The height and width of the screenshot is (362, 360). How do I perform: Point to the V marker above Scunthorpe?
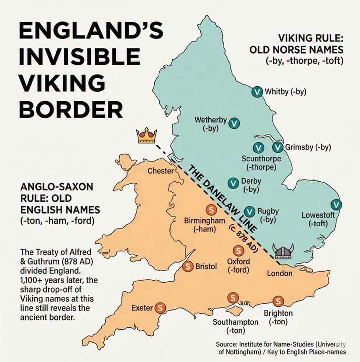258,148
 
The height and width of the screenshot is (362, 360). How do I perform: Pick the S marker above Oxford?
238,251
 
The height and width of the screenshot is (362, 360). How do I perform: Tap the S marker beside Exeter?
160,308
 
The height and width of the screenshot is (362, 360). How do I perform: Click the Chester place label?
160,171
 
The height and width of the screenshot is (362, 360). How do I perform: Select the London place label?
280,273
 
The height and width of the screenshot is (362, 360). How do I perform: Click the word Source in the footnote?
227,344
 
